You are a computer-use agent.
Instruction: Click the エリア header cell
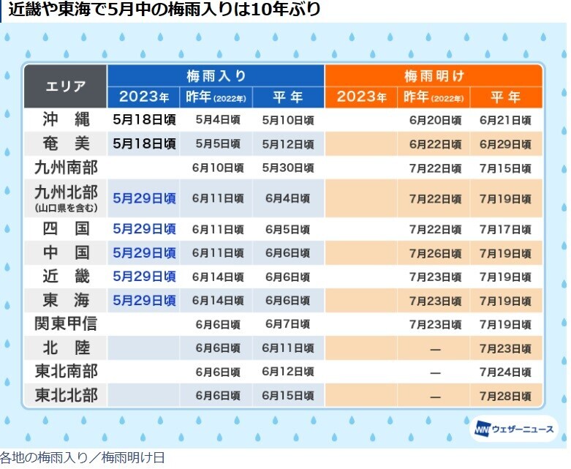click(65, 86)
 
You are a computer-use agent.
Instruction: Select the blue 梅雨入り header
click(216, 76)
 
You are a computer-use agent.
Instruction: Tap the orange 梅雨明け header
click(434, 76)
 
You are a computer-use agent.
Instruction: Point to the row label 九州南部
click(65, 168)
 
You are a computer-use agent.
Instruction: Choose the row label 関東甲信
click(65, 323)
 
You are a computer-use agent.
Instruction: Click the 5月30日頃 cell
click(287, 168)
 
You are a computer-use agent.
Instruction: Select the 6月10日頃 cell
click(217, 168)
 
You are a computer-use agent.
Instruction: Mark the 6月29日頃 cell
click(505, 144)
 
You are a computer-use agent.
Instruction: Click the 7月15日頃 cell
click(505, 168)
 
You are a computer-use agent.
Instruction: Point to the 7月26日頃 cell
click(435, 253)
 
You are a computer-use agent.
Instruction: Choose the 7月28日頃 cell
click(505, 396)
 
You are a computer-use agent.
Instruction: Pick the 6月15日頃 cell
click(287, 396)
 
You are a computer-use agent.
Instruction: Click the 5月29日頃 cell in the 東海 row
click(145, 300)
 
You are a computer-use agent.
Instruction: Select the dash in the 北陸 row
click(435, 348)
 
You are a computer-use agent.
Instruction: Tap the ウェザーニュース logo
click(513, 429)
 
